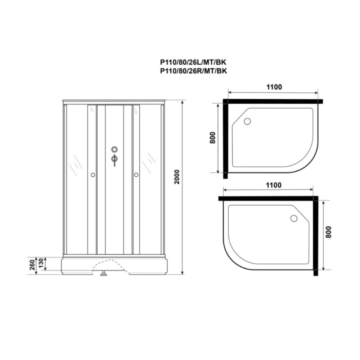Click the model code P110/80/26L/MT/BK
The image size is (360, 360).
click(193, 62)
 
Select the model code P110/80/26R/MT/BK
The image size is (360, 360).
click(193, 71)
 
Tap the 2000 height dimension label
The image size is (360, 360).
click(177, 177)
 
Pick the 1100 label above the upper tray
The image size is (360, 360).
click(274, 87)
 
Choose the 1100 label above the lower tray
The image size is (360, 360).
click(274, 185)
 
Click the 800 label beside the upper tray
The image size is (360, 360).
click(213, 138)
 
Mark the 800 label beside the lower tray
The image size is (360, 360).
click(329, 232)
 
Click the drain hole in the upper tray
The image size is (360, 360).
click(247, 121)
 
